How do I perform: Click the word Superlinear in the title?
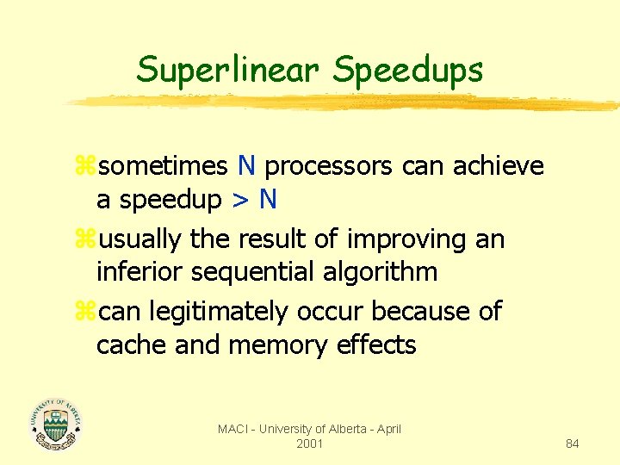click(228, 69)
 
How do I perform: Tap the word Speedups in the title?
click(408, 71)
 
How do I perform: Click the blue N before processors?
click(246, 165)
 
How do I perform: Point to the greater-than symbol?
click(239, 200)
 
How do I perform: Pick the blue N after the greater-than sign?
click(268, 200)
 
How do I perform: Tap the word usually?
click(136, 238)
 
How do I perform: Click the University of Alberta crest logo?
click(55, 423)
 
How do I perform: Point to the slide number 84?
click(572, 443)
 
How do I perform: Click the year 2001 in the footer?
click(309, 443)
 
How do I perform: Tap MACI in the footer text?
click(232, 429)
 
